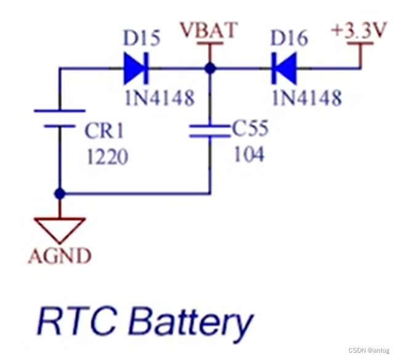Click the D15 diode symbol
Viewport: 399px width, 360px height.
(x=135, y=68)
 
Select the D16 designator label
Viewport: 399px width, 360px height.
(x=289, y=39)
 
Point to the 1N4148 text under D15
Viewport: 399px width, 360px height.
(x=159, y=97)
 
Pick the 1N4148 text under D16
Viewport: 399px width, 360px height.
(x=306, y=97)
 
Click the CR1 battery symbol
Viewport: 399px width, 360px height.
(x=59, y=118)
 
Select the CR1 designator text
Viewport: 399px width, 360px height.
(x=104, y=131)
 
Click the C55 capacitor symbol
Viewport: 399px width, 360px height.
(x=210, y=129)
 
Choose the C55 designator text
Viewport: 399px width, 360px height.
(x=249, y=129)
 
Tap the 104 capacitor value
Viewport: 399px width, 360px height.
(x=249, y=153)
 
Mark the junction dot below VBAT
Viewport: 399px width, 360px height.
(x=210, y=68)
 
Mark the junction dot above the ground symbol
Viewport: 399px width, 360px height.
(x=59, y=194)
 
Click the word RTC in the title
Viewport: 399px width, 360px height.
(x=76, y=322)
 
